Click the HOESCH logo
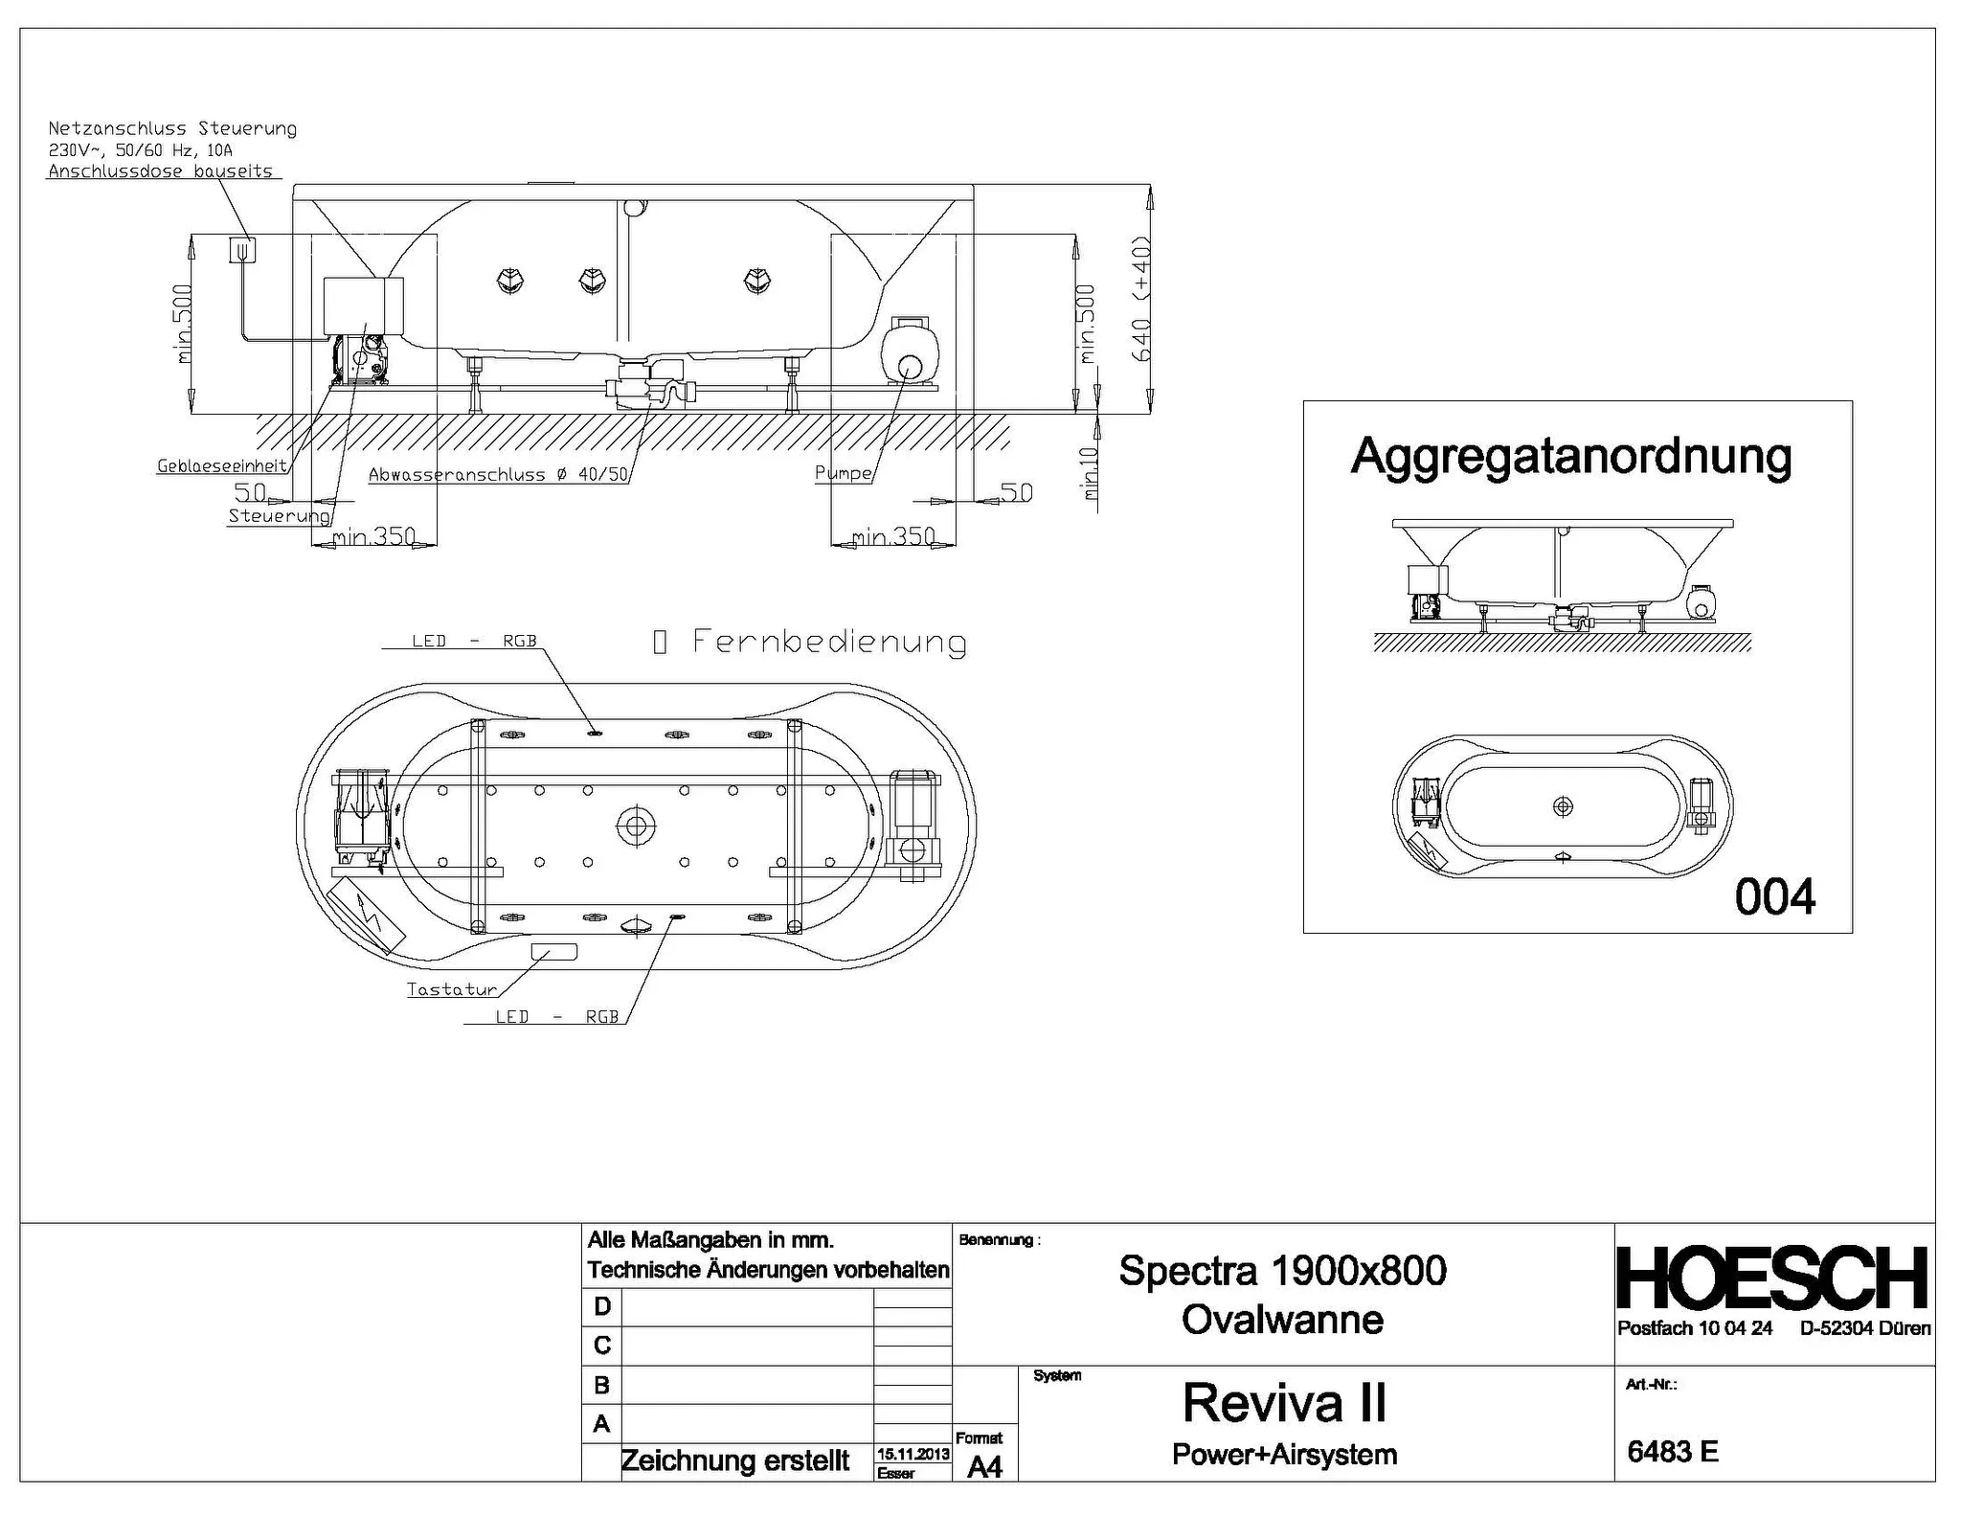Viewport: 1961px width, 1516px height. (x=1772, y=1278)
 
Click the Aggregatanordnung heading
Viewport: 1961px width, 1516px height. (x=1571, y=457)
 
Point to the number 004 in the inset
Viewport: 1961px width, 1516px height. (x=1775, y=897)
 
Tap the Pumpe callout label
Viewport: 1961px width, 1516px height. (x=844, y=473)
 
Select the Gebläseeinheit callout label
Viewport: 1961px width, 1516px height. (x=222, y=466)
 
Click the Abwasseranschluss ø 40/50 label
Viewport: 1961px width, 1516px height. (x=499, y=474)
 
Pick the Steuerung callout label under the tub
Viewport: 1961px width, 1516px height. (x=279, y=516)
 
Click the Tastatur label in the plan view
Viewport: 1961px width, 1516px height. (x=452, y=989)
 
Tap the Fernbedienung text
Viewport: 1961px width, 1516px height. (x=829, y=641)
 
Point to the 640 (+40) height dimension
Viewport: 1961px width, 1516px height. (x=1140, y=299)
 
